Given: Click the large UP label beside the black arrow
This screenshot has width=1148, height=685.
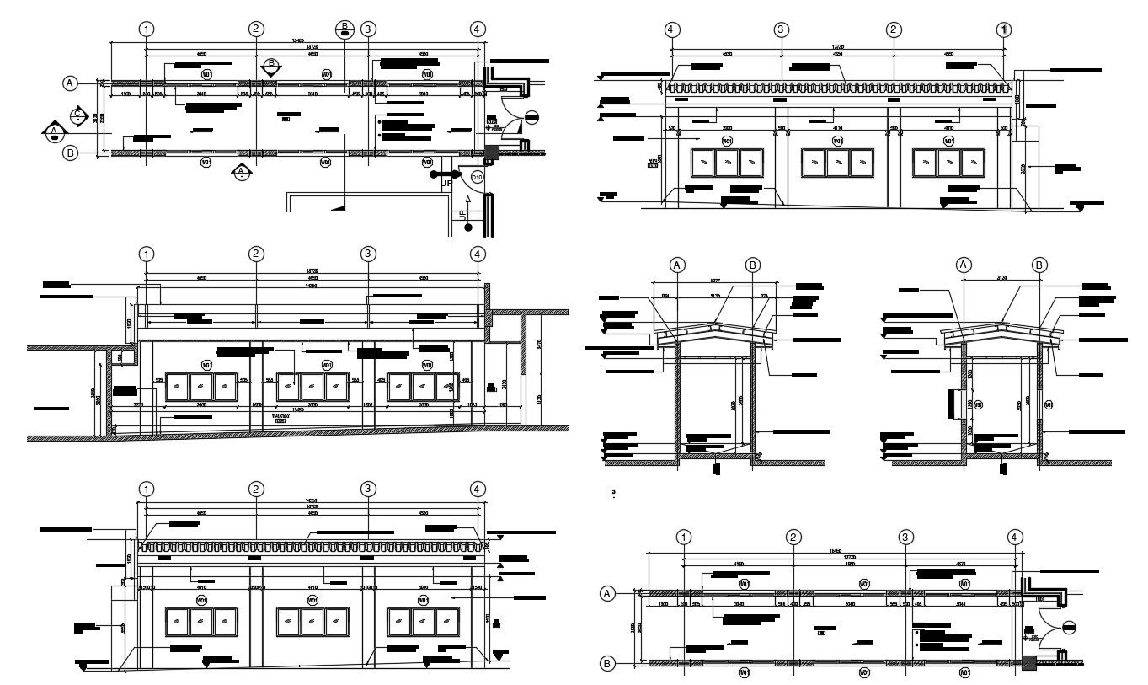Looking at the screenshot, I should coord(446,183).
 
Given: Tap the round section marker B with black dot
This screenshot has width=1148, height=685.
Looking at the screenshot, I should coord(344,29).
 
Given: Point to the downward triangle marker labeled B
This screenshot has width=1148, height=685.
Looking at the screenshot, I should coord(270,67).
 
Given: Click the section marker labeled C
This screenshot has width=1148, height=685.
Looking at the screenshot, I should coord(77,115).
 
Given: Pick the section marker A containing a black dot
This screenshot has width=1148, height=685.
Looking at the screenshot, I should coord(54,132).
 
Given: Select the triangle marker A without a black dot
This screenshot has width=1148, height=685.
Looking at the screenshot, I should coord(241,172).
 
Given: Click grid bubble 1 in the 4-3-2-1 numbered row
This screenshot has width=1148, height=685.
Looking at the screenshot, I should coord(1003,29).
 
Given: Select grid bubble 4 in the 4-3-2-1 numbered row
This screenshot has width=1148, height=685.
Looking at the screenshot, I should coord(672,29).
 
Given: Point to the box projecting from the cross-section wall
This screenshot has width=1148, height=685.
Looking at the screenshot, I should coord(957,402).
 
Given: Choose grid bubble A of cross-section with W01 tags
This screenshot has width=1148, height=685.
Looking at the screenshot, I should coord(964,265).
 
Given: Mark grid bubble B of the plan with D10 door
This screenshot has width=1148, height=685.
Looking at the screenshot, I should coord(72,153).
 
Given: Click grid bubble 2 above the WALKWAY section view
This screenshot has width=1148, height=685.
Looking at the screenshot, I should coord(257,254).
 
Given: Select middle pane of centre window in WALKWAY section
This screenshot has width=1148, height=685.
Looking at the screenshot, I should coord(311,386).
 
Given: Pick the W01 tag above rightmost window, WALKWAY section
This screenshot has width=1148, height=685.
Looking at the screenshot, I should coord(427,365).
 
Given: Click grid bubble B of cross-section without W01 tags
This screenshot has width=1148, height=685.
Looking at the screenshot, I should coord(753,265).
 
